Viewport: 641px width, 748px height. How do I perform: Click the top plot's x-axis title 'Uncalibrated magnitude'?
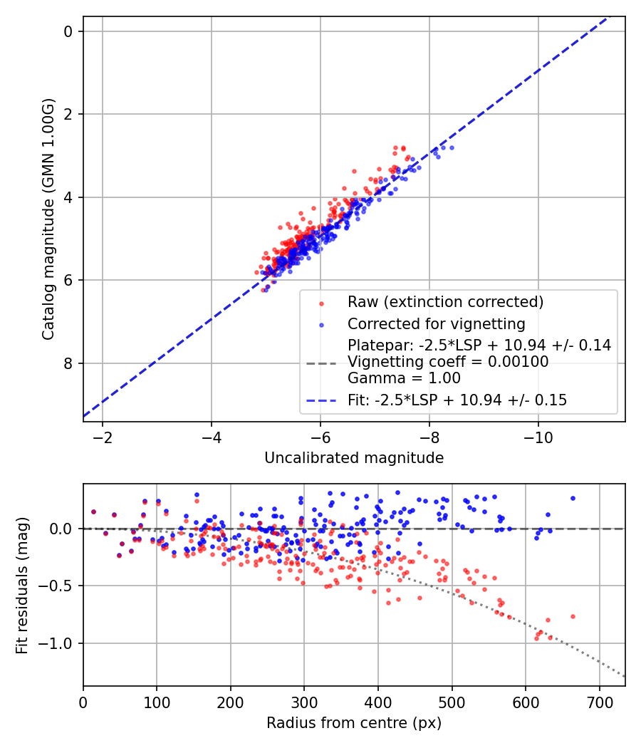pyautogui.click(x=354, y=458)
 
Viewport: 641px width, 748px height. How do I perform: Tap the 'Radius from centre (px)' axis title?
pyautogui.click(x=354, y=723)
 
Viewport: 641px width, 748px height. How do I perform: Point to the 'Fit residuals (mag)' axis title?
pyautogui.click(x=22, y=586)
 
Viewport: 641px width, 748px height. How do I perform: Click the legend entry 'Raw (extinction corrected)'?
pyautogui.click(x=445, y=302)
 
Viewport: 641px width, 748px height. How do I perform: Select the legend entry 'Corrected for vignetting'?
pyautogui.click(x=436, y=324)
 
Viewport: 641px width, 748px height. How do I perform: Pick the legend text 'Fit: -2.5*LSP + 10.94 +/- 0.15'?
pyautogui.click(x=457, y=400)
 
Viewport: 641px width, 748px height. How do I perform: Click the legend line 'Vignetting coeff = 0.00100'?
pyautogui.click(x=448, y=362)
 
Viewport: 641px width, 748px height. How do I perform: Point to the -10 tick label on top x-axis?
pyautogui.click(x=538, y=437)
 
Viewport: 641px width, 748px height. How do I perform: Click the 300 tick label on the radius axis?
pyautogui.click(x=304, y=702)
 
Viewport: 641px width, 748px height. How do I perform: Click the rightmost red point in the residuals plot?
pyautogui.click(x=572, y=616)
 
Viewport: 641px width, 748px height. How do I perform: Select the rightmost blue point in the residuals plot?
pyautogui.click(x=572, y=498)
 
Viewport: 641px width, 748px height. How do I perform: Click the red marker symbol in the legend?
pyautogui.click(x=321, y=303)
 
